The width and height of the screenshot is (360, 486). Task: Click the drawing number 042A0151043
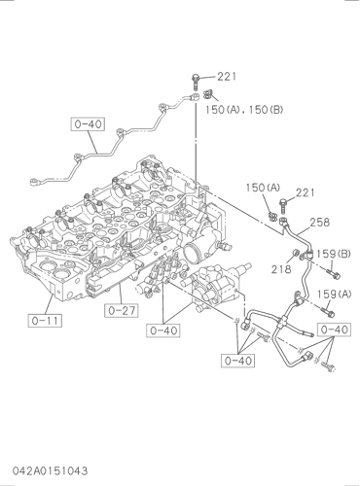[51, 470]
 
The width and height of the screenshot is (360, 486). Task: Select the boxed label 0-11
[45, 321]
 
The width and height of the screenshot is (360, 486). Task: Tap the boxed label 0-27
[122, 310]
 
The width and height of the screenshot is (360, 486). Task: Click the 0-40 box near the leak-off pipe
[88, 124]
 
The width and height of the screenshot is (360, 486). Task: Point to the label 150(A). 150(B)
[244, 110]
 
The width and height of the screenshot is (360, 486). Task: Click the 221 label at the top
[227, 77]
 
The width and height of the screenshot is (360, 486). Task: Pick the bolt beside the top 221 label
[196, 82]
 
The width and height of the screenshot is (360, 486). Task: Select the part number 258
[319, 223]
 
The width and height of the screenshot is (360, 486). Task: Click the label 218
[281, 269]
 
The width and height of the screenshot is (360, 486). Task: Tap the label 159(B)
[334, 254]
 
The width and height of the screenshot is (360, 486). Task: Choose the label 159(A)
[334, 295]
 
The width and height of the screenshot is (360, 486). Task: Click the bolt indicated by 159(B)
[334, 275]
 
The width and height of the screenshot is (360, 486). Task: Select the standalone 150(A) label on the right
[263, 188]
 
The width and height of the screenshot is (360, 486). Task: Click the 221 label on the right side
[306, 192]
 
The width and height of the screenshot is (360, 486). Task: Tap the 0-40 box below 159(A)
[334, 330]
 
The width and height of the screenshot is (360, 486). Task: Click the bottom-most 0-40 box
[237, 361]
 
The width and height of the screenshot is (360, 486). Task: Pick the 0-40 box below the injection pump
[163, 330]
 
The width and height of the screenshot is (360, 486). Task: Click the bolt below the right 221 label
[283, 206]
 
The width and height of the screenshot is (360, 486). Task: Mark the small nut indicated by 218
[296, 253]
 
